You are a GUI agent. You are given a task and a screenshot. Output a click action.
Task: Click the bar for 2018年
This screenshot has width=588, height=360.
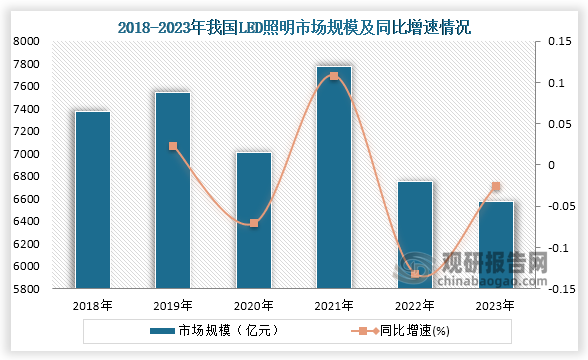click(x=93, y=200)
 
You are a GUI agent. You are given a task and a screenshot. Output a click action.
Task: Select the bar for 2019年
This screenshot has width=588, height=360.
click(x=173, y=191)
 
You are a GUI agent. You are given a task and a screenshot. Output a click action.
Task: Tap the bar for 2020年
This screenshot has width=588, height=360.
click(x=254, y=221)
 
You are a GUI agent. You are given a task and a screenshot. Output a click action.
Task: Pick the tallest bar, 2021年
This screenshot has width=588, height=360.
click(x=334, y=178)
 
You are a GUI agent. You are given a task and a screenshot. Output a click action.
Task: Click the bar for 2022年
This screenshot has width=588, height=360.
click(x=415, y=235)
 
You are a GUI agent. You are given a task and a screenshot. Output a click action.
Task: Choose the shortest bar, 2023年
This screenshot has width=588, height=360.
click(x=495, y=245)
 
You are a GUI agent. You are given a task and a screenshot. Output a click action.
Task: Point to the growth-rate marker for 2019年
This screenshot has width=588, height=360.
click(x=173, y=146)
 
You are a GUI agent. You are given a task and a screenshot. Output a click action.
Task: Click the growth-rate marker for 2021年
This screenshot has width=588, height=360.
click(x=334, y=76)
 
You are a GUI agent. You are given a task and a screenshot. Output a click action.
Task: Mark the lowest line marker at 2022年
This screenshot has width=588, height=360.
click(x=415, y=274)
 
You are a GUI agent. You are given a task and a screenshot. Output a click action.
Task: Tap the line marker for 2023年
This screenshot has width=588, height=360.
click(x=495, y=186)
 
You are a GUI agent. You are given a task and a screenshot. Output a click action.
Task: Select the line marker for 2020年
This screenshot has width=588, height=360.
click(x=254, y=223)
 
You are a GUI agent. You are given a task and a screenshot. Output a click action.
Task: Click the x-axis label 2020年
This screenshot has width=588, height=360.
click(x=254, y=306)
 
